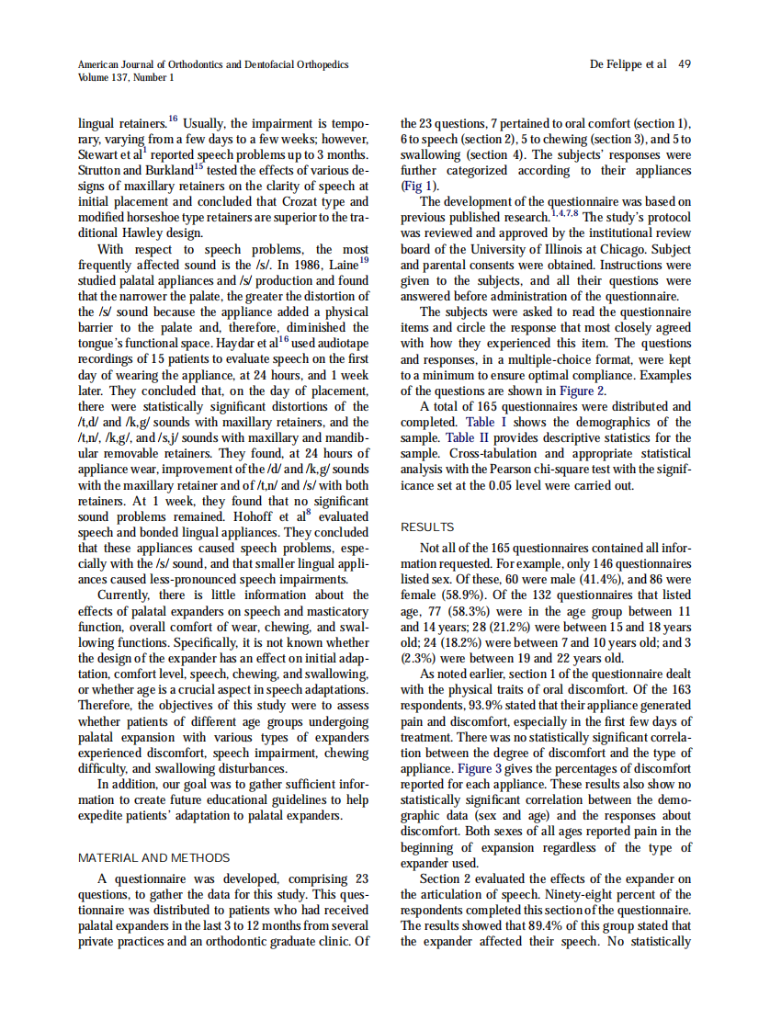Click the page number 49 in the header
[684, 64]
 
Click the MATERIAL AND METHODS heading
[153, 858]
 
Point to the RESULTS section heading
[427, 527]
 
